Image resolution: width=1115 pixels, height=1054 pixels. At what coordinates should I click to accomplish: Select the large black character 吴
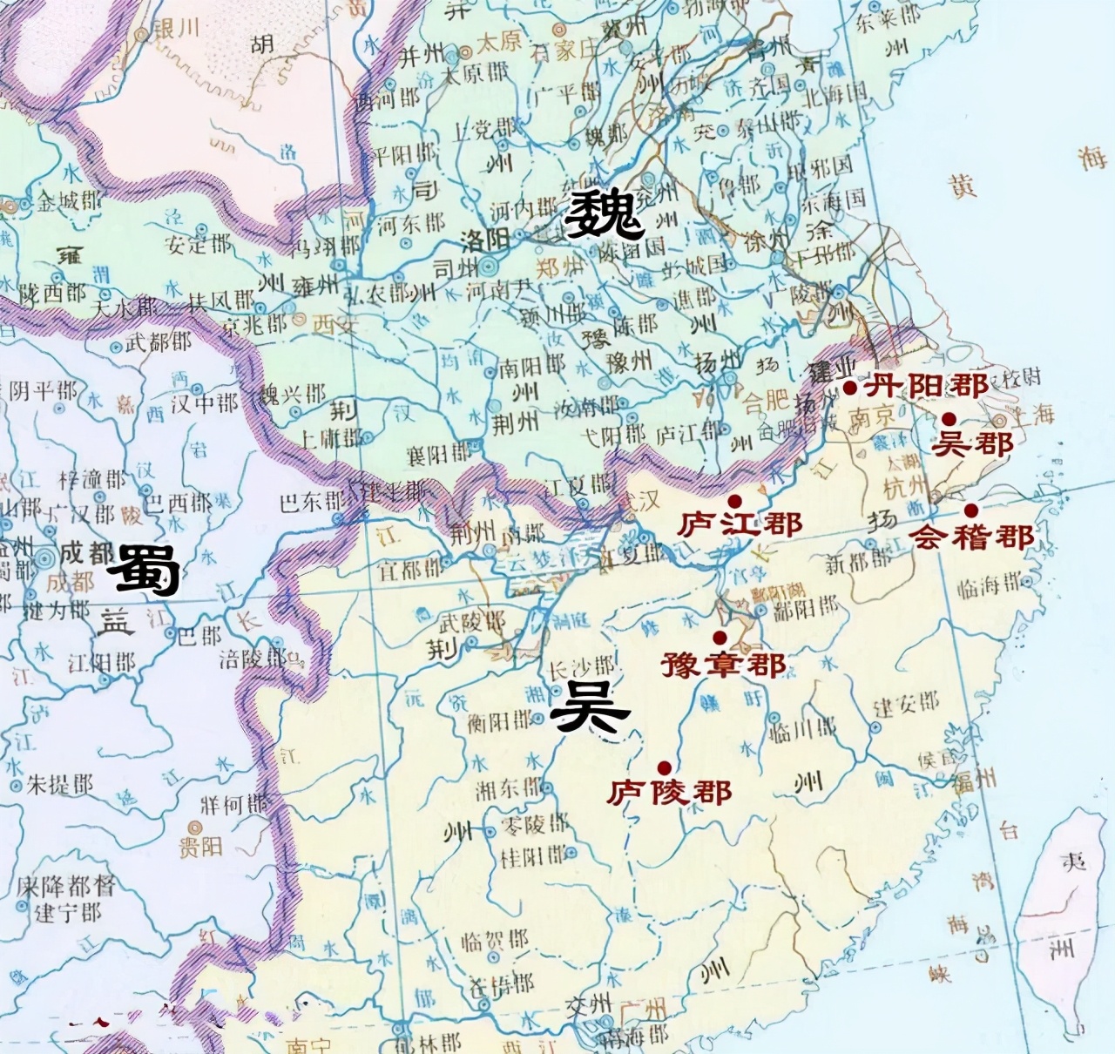click(590, 707)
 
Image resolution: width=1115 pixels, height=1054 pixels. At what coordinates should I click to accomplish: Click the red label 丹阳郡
click(926, 385)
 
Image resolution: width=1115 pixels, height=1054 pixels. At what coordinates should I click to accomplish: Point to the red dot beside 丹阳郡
click(850, 388)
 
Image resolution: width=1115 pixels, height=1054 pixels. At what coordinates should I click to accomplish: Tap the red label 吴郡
click(972, 444)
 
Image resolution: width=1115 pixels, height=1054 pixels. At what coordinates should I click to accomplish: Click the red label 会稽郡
click(972, 537)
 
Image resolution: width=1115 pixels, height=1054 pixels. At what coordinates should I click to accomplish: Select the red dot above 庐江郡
click(735, 501)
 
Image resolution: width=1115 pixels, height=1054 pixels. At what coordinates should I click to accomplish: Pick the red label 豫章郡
click(723, 665)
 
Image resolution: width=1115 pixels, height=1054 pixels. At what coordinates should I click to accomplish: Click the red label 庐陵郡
click(669, 792)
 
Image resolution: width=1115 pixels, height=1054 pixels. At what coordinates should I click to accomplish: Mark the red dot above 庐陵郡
click(665, 767)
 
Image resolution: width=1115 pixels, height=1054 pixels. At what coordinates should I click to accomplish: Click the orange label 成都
click(71, 581)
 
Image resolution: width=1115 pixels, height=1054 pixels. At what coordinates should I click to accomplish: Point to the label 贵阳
click(200, 846)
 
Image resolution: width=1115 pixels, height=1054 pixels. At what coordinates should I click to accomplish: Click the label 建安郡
click(907, 704)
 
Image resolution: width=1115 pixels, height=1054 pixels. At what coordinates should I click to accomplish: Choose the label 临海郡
click(990, 586)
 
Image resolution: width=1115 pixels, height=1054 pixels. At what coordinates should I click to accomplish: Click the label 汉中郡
click(204, 403)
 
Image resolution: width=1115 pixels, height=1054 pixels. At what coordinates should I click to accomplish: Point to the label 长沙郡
click(580, 669)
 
